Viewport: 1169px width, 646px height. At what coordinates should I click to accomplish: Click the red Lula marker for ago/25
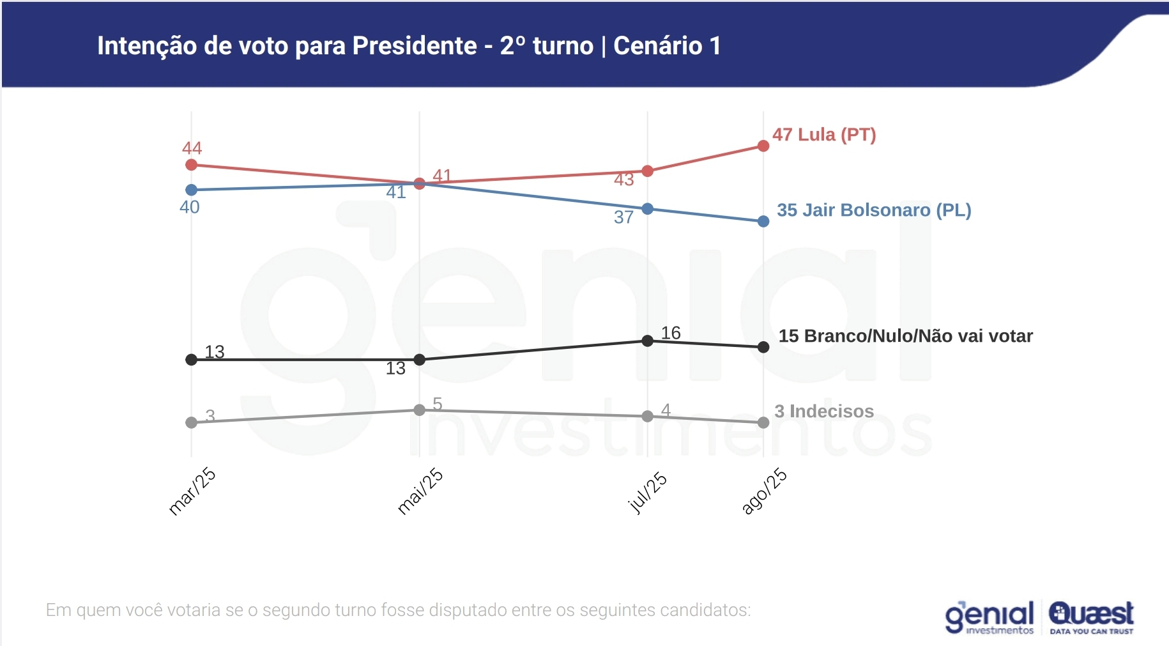click(763, 146)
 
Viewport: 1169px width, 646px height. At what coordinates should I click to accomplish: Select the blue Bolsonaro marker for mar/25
click(191, 190)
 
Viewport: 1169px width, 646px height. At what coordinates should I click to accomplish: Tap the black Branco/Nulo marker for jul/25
click(647, 341)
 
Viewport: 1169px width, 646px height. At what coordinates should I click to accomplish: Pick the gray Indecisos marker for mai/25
click(419, 410)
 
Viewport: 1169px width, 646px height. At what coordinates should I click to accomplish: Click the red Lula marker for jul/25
click(647, 171)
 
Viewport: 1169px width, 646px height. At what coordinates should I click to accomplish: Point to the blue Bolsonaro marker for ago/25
click(763, 221)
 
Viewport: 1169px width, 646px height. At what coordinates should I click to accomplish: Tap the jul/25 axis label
click(647, 493)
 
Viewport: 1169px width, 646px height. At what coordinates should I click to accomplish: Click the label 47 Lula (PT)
click(824, 135)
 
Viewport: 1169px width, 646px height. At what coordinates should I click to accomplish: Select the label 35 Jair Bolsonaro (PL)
click(873, 210)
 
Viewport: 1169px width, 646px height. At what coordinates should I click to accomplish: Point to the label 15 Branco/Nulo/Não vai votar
click(905, 336)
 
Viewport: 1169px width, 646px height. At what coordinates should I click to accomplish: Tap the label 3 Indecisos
click(823, 411)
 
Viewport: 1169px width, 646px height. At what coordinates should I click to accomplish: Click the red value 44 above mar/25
click(192, 148)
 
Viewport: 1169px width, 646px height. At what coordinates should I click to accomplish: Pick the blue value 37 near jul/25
click(623, 217)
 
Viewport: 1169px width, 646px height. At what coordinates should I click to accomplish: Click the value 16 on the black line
click(671, 332)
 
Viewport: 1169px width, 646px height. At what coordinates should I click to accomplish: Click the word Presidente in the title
click(415, 46)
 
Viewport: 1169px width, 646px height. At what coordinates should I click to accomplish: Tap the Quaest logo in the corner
click(1091, 617)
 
